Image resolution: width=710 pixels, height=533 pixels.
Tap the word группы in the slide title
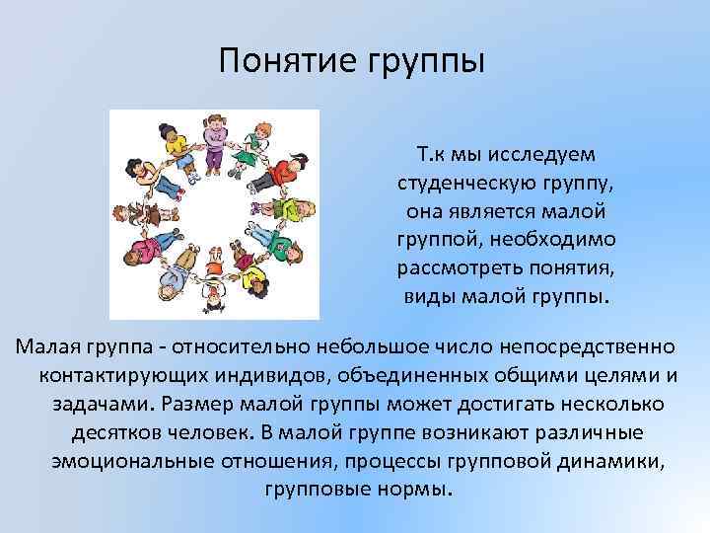coord(427,64)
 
